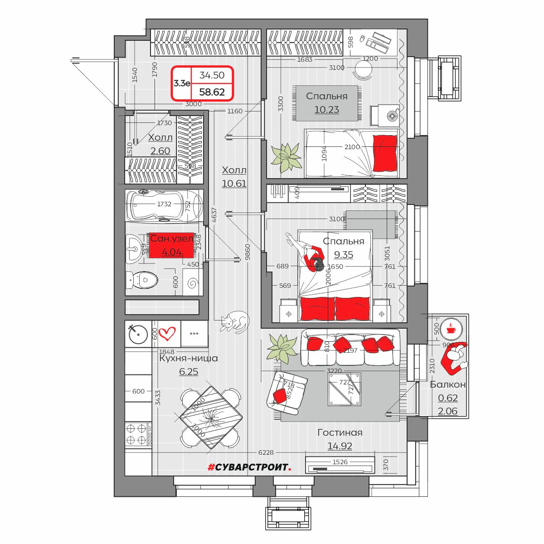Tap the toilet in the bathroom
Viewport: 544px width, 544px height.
141,280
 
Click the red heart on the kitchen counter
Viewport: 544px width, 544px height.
167,334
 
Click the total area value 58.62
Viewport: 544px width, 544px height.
212,92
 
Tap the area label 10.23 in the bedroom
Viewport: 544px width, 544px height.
326,110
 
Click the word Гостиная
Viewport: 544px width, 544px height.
340,432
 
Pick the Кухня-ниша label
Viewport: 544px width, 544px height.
189,358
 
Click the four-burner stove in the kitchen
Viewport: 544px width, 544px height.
138,435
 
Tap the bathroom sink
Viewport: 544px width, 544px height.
135,249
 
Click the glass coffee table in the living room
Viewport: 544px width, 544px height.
345,389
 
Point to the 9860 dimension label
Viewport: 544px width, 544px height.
248,252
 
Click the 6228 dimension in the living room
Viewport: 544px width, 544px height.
266,452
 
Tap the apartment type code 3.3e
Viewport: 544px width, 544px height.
182,83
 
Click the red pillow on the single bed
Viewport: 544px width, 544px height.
384,153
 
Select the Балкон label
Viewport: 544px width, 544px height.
447,384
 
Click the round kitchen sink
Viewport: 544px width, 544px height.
138,334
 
